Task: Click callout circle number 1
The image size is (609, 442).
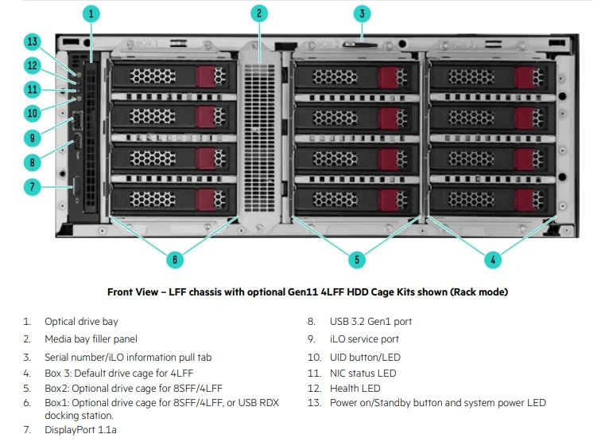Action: pyautogui.click(x=91, y=14)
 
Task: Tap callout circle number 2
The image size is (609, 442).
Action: pyautogui.click(x=258, y=14)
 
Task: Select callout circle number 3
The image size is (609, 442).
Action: pyautogui.click(x=362, y=14)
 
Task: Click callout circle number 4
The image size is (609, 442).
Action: pyautogui.click(x=492, y=259)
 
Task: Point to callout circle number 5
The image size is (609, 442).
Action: pyautogui.click(x=357, y=259)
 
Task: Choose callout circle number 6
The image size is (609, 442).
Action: pyautogui.click(x=175, y=259)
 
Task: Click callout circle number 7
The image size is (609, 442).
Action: pyautogui.click(x=33, y=187)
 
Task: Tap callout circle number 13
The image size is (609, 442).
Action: pyautogui.click(x=33, y=42)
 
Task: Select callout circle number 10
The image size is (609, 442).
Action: pyautogui.click(x=33, y=112)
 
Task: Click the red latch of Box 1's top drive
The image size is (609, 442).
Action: pyautogui.click(x=205, y=76)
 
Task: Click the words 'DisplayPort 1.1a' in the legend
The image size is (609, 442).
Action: pyautogui.click(x=80, y=430)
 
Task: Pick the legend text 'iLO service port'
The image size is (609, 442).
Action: pyautogui.click(x=364, y=339)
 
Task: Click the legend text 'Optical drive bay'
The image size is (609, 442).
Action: pyautogui.click(x=81, y=322)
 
